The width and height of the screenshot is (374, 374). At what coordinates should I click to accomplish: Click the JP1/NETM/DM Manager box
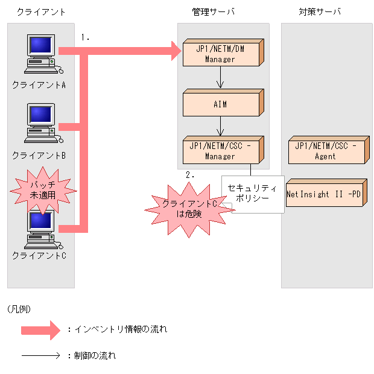221,54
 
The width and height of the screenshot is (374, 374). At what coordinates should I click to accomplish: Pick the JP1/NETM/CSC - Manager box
221,150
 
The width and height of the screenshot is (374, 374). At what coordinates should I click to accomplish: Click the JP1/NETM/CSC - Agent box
327,151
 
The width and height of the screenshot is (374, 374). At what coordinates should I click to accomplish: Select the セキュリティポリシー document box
253,193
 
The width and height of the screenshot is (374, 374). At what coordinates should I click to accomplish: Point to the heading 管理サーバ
213,11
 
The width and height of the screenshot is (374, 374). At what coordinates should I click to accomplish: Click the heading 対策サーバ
319,11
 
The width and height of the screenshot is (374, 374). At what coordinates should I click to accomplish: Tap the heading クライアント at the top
41,11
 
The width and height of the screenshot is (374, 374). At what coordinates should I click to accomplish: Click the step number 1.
85,37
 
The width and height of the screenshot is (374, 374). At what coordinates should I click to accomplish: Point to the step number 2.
190,174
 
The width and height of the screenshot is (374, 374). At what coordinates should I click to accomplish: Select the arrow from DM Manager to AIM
221,78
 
